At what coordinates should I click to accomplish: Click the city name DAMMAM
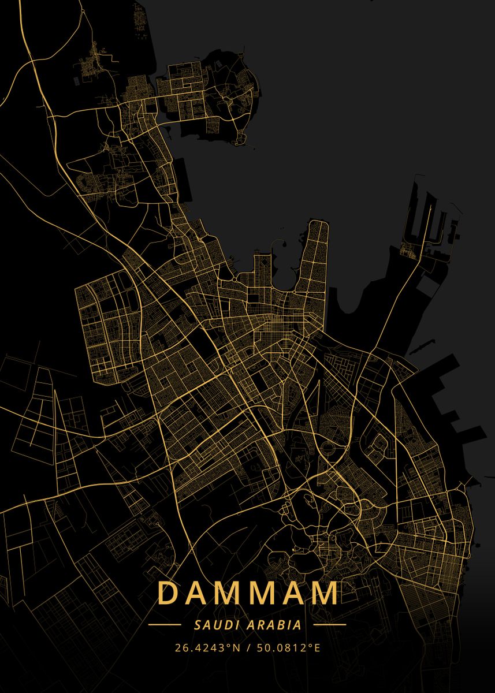pos(248,593)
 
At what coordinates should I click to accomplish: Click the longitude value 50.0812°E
pos(288,647)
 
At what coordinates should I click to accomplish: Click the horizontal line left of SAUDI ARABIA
pos(165,624)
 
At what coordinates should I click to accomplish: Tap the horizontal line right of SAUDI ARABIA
pos(329,624)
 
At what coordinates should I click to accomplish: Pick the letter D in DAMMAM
pos(168,593)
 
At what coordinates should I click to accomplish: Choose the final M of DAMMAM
pos(324,593)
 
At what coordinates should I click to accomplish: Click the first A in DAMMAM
pos(198,593)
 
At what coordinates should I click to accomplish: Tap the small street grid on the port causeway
pos(409,251)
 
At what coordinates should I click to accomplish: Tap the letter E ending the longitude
pos(317,647)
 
